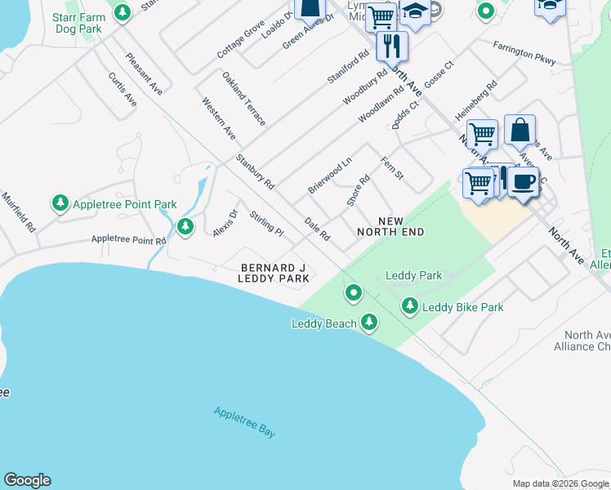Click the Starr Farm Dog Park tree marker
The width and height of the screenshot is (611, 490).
tap(123, 13)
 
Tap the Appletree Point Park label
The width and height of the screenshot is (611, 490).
tap(124, 204)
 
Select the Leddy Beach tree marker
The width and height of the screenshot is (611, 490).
tap(370, 323)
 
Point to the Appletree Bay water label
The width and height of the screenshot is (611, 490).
tap(244, 423)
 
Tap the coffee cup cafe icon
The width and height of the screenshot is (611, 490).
tap(523, 180)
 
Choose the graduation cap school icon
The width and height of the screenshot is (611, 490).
tap(415, 13)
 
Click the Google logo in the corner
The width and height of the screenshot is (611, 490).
tap(27, 480)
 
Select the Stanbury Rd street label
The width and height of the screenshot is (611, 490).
tap(255, 171)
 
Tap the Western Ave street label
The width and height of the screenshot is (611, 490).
tap(219, 118)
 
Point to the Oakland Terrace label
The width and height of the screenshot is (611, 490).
tap(244, 98)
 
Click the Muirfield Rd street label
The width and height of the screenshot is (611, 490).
tap(17, 212)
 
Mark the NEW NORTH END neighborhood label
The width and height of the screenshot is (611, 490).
tap(390, 227)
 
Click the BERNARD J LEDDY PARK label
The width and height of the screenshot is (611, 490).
tap(274, 273)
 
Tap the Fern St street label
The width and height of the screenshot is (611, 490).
tap(393, 168)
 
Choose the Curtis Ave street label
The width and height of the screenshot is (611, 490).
tap(123, 89)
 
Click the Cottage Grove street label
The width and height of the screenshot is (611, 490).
tap(241, 39)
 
